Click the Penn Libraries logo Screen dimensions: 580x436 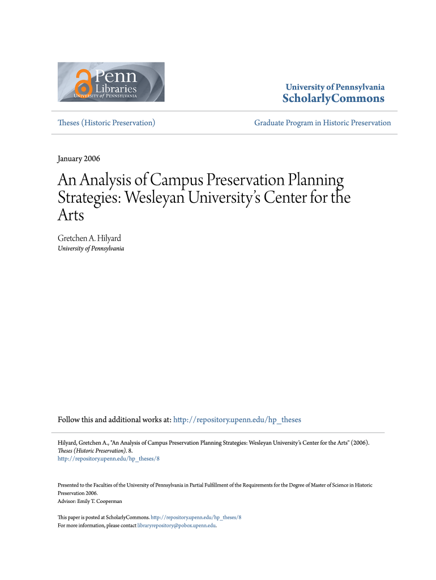(x=111, y=82)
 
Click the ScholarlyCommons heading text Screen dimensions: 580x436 (x=333, y=99)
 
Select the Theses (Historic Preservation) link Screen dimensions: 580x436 (x=106, y=122)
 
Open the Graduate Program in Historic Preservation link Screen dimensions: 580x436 (x=322, y=122)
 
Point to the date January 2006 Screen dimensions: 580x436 (x=79, y=159)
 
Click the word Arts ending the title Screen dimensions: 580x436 (x=71, y=216)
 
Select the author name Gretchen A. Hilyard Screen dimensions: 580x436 (x=89, y=238)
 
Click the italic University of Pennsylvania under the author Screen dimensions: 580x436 (x=91, y=249)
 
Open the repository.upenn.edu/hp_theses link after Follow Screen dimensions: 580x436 (x=237, y=420)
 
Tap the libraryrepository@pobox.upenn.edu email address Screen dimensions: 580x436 (x=177, y=526)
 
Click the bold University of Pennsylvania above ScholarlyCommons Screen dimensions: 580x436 (x=335, y=87)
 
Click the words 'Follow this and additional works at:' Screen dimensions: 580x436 (x=114, y=420)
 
